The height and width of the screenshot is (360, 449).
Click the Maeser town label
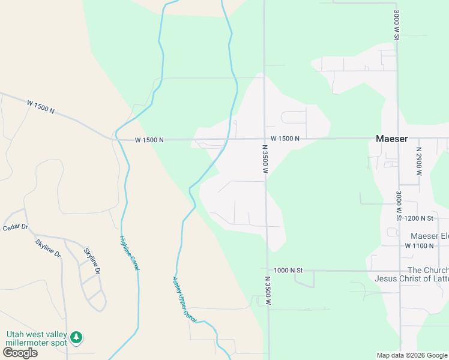(x=391, y=139)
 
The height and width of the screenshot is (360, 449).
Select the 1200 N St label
(x=419, y=218)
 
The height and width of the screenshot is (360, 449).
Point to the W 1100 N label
(x=419, y=246)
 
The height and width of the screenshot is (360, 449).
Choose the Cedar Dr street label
(x=15, y=227)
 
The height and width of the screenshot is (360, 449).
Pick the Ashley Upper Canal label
(x=184, y=299)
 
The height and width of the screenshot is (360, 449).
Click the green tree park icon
(x=76, y=338)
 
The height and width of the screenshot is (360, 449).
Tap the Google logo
(x=19, y=353)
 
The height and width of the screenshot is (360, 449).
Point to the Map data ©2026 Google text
(x=411, y=355)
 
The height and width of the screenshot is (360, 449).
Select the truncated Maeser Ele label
(x=429, y=236)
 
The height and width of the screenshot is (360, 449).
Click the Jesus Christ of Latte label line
(x=411, y=278)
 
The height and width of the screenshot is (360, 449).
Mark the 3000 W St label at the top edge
(x=397, y=25)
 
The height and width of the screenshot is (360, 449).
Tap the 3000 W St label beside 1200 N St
(x=397, y=205)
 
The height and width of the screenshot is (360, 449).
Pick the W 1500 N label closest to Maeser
(x=285, y=139)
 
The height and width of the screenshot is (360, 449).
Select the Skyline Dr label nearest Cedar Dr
(x=48, y=248)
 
